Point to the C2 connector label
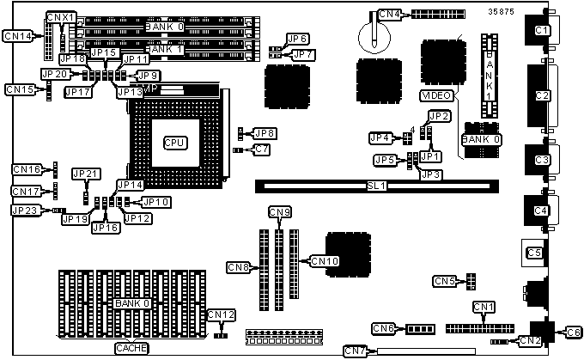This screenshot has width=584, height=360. point(541,95)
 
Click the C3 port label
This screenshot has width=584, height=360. point(541,160)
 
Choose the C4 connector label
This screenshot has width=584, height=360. point(540,211)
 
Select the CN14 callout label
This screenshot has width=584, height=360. point(18,35)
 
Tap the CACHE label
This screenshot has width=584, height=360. point(132,349)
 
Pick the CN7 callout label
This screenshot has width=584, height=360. point(355,350)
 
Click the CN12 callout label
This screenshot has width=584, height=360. point(221,315)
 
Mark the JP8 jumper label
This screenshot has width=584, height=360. point(265,133)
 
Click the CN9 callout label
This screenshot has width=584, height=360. point(280,211)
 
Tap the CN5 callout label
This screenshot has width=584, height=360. point(444,281)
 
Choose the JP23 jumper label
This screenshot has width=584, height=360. point(24,210)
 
